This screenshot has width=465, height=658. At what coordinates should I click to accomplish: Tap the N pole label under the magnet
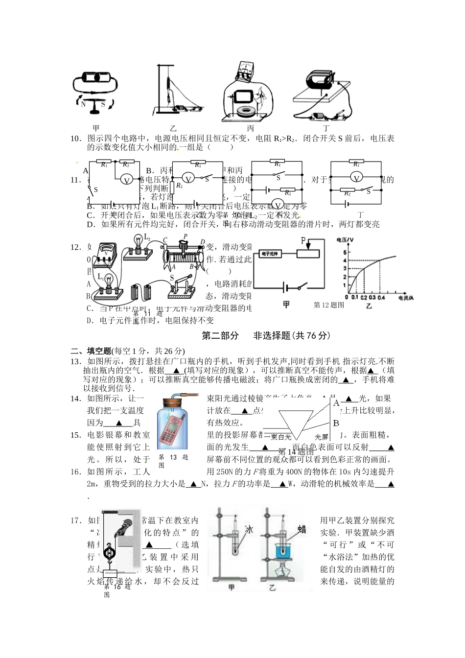(x=83, y=104)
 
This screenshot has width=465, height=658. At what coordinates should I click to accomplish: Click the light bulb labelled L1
(x=109, y=280)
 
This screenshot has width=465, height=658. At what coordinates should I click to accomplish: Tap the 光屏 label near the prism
(x=321, y=437)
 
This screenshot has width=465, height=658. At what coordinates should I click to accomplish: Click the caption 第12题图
(x=329, y=305)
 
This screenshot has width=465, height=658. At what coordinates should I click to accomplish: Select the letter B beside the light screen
(x=336, y=423)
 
